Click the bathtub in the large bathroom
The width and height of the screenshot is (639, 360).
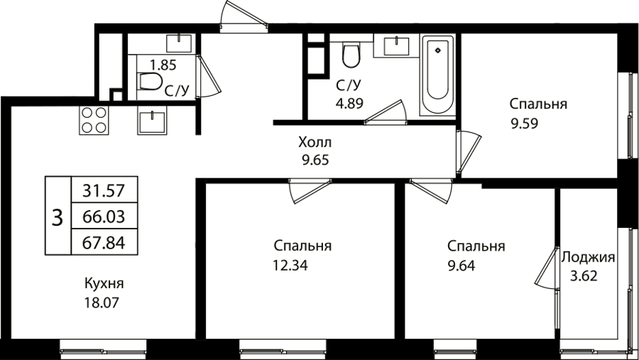coord(437,75)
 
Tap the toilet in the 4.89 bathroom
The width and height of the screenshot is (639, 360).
coord(351,55)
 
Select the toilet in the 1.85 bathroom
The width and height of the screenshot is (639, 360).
coord(150,81)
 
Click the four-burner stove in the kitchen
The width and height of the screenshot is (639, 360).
coord(94,120)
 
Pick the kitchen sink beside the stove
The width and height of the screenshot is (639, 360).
coord(152,120)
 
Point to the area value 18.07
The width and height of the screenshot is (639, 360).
coord(102,302)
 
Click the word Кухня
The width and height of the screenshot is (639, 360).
coord(104,283)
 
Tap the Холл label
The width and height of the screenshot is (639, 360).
coord(315,142)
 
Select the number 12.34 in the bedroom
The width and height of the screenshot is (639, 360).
coord(290,266)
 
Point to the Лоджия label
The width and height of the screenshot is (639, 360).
coord(588,258)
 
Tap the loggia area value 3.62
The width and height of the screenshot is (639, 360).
coord(584,276)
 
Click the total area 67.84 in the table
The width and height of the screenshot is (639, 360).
coord(104,243)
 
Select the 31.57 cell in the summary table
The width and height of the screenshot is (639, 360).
coord(104,190)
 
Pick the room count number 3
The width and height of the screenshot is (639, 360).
coord(58,217)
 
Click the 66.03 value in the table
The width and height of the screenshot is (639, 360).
coord(104,217)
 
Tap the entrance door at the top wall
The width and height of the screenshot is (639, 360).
coord(244,16)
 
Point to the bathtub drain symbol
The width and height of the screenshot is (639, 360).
coord(437,50)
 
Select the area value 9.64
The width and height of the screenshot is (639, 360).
coord(461,266)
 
